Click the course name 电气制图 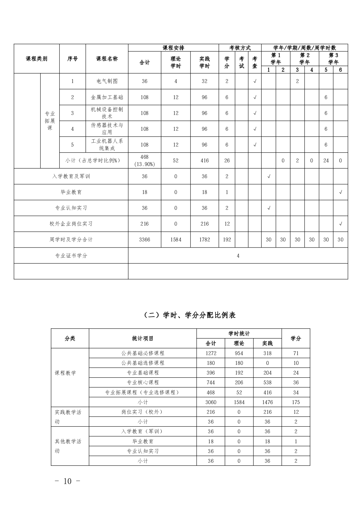tap(107, 81)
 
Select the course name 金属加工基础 tap(107, 97)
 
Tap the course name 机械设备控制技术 tap(107, 113)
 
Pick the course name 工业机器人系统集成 tap(107, 145)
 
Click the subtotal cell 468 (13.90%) tap(145, 161)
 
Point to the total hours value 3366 tap(145, 240)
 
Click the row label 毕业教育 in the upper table tap(71, 192)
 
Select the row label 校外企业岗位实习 tap(71, 224)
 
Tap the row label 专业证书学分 tap(71, 256)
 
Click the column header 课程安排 tap(173, 48)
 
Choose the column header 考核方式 tap(240, 48)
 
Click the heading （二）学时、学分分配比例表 tap(189, 315)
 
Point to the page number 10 tap(67, 481)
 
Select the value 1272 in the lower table tap(211, 353)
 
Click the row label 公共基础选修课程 tap(143, 363)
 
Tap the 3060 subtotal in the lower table tap(211, 402)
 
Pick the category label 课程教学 tap(65, 373)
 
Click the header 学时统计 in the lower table tap(239, 334)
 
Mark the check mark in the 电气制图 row tap(255, 81)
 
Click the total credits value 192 tap(227, 240)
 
